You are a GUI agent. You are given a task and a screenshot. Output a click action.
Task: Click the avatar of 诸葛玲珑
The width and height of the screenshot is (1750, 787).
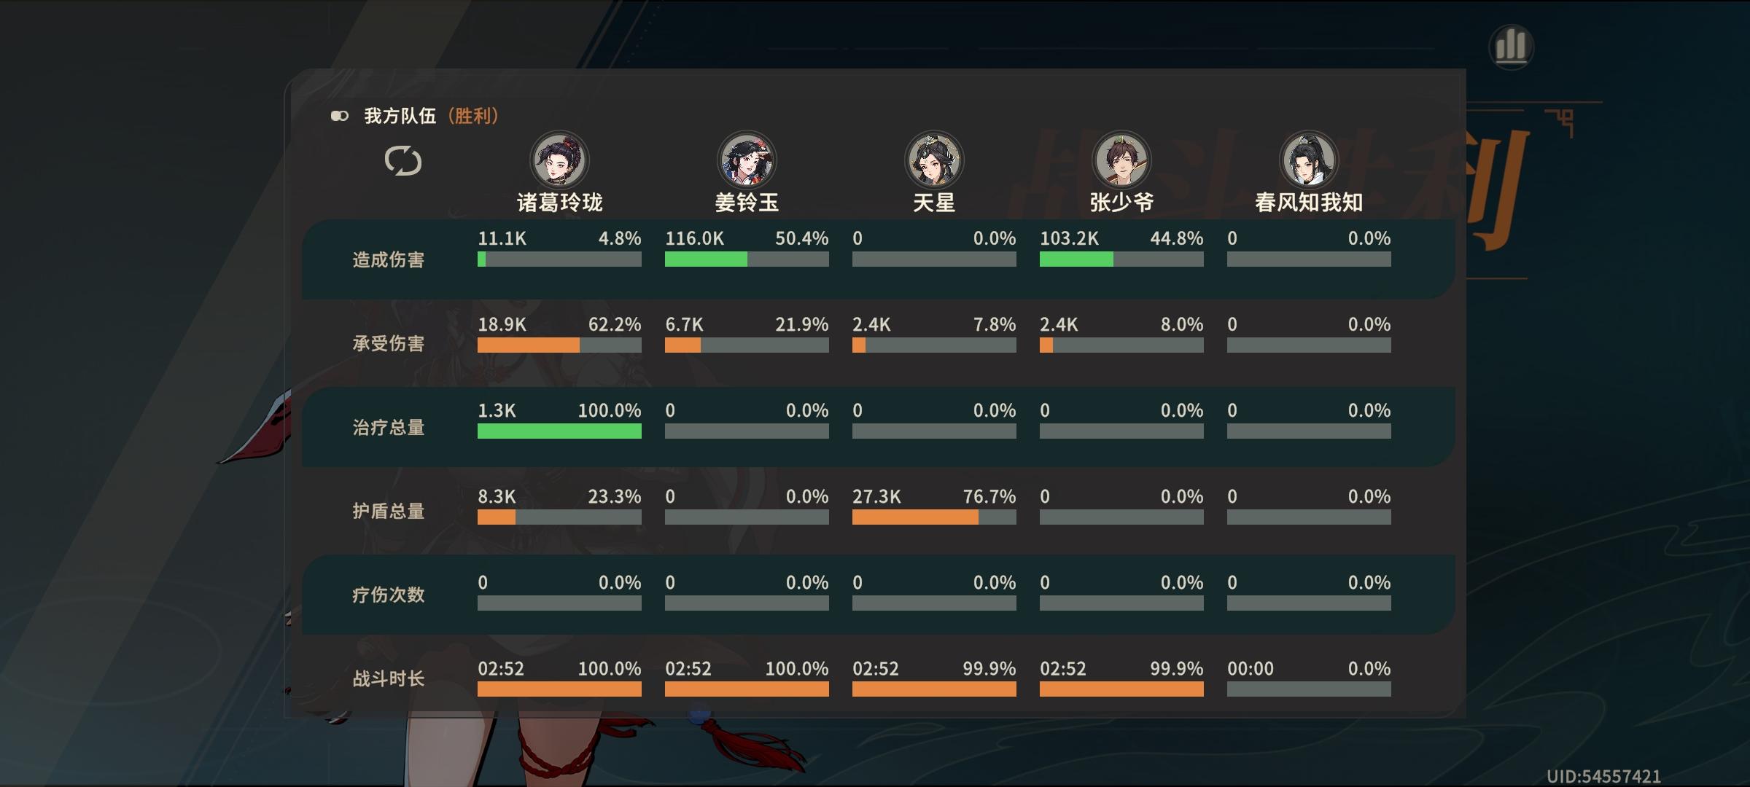point(559,160)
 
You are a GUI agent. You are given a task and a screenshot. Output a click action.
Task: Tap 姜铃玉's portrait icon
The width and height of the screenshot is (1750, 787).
point(747,160)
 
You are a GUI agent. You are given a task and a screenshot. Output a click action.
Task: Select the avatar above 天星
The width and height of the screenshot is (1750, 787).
point(934,160)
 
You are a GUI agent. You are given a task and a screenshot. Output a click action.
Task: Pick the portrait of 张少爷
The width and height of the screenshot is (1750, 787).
point(1121,160)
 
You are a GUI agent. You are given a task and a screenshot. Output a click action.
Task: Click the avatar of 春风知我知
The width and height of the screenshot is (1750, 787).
point(1309,160)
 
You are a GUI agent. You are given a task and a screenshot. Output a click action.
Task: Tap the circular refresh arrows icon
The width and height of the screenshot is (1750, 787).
point(403,160)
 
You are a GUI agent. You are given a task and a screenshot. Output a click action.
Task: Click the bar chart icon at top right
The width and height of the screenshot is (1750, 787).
point(1511,47)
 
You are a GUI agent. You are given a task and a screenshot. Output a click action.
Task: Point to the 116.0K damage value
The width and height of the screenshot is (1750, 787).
point(694,238)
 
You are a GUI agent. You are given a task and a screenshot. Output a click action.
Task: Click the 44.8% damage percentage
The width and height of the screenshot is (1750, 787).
point(1176,238)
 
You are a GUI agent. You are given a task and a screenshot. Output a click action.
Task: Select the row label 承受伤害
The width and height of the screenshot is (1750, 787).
point(388,343)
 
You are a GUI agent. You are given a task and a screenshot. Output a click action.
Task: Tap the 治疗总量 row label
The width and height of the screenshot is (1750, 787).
point(388,427)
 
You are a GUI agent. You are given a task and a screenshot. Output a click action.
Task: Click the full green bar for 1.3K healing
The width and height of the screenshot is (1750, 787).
point(559,431)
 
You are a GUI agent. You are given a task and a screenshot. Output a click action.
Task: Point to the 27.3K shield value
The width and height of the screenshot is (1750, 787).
point(876,497)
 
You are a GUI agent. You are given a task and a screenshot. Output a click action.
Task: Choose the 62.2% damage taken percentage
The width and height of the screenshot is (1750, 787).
point(614,324)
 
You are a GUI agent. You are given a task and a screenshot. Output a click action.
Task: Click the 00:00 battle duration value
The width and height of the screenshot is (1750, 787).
point(1250,669)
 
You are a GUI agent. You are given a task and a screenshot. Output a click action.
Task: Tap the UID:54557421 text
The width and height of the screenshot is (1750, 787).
point(1603,777)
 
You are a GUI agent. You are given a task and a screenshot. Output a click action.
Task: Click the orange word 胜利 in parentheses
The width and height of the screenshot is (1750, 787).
point(473,116)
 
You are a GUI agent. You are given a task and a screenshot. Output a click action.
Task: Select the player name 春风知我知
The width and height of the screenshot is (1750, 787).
point(1309,202)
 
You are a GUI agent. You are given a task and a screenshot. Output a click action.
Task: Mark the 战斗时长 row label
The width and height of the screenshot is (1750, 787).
point(388,678)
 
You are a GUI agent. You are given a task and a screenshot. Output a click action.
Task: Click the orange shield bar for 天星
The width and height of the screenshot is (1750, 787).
point(914,517)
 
